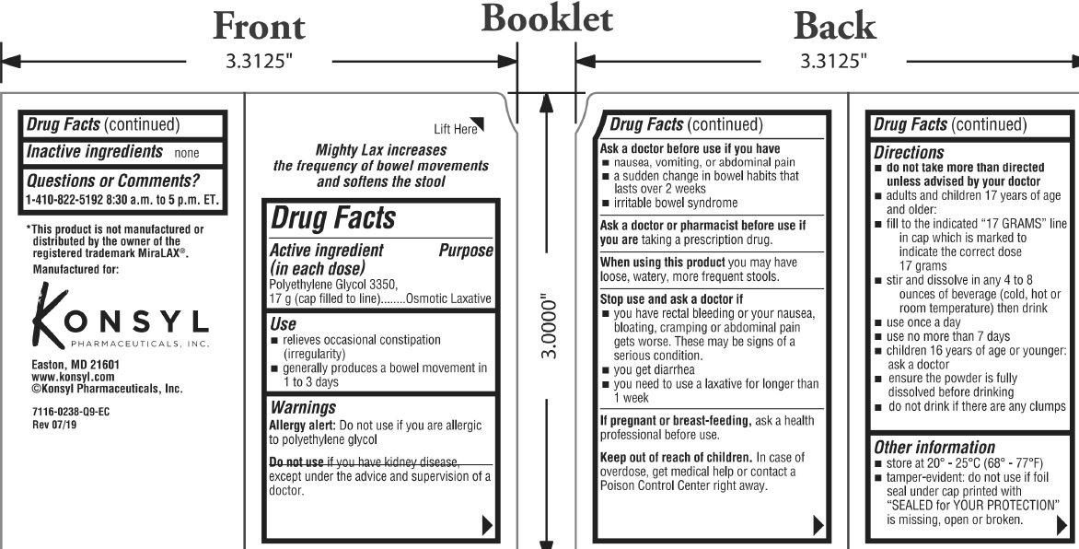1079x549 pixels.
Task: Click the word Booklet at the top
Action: [547, 19]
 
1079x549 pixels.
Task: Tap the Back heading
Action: [834, 27]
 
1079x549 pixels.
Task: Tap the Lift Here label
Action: [455, 129]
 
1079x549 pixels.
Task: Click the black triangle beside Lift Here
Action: [477, 124]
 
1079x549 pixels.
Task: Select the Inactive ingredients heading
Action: [92, 151]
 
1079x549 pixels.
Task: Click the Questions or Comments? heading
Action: [112, 181]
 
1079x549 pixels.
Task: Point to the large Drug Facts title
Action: [332, 219]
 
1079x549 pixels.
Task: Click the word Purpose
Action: [466, 251]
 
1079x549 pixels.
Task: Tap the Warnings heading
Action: [302, 407]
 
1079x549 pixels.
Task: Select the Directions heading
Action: [908, 153]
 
